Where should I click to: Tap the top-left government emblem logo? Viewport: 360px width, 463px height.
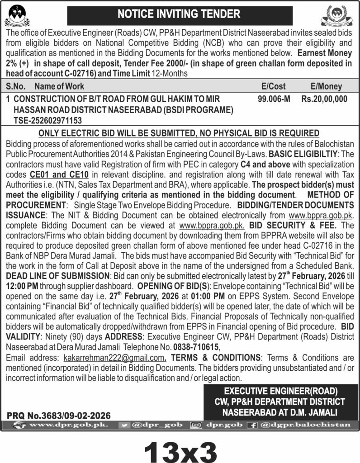[x=17, y=15]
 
